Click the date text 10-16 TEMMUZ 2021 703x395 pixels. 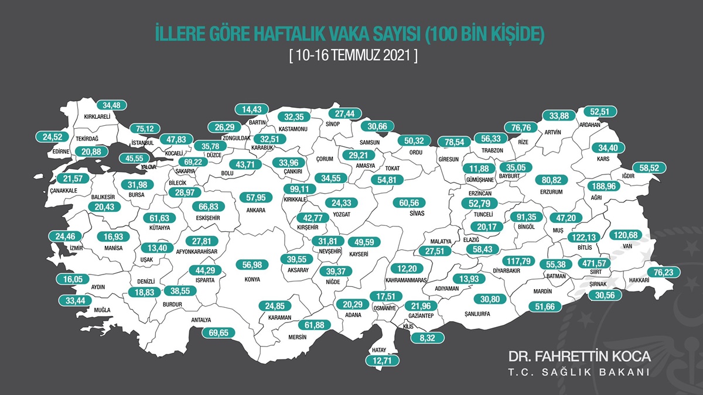(353, 56)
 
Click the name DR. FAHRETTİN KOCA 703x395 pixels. (579, 356)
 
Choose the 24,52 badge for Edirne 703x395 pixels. (53, 138)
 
